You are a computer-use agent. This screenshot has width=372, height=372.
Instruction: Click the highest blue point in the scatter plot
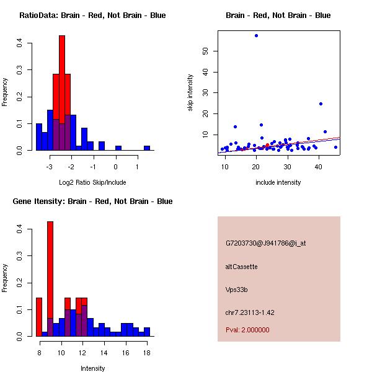[x=256, y=35]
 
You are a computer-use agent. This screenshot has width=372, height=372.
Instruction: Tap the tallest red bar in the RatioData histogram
[x=62, y=93]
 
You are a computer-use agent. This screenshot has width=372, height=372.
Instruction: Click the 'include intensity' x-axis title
[x=278, y=182]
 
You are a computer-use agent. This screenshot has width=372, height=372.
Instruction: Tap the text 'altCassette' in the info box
[x=242, y=267]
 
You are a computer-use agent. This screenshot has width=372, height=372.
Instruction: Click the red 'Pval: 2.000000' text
[x=247, y=330]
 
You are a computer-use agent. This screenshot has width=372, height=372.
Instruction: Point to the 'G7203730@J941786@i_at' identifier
[x=266, y=243]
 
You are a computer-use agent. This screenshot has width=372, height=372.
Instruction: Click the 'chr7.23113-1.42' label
[x=250, y=312]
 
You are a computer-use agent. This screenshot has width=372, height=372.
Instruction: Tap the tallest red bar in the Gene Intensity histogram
[x=50, y=279]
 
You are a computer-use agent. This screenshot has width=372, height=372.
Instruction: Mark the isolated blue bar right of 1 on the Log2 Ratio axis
[x=147, y=148]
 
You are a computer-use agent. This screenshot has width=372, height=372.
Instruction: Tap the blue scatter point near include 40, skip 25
[x=321, y=104]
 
